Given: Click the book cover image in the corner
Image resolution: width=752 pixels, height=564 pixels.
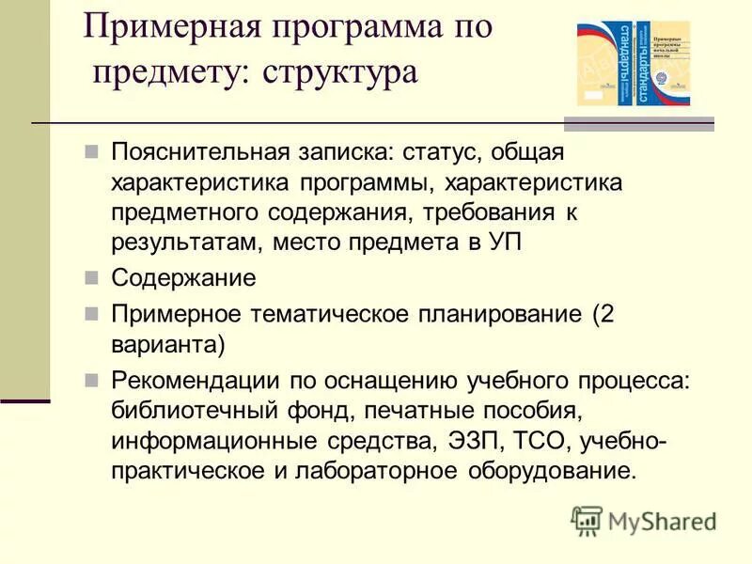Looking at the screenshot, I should point(634,64).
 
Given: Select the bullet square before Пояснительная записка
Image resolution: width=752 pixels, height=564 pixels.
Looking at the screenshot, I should point(91,150).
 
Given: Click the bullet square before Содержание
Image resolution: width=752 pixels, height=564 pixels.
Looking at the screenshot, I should point(91,278).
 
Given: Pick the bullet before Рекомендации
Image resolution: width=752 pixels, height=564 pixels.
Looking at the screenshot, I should point(91,380).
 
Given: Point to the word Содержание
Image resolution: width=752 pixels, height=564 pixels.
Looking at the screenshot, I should point(183,278).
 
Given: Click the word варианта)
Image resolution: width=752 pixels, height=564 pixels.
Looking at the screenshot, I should point(168,343).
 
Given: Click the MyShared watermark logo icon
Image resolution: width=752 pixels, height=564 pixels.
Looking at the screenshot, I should point(587,520).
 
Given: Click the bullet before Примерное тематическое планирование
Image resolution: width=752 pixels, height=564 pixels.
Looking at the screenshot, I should point(91,312).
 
